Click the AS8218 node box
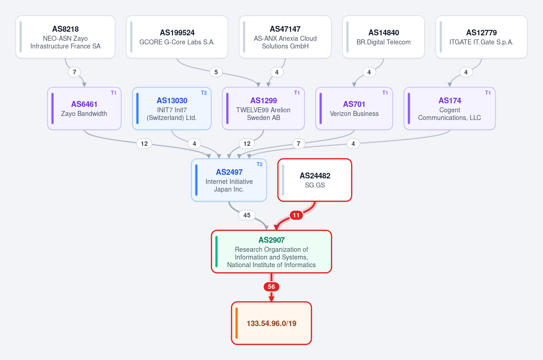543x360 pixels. pos(65,37)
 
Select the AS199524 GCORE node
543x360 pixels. pos(177,37)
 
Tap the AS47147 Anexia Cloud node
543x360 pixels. pos(285,37)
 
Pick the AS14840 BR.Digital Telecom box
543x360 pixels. pos(384,37)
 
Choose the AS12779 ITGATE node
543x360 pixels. pos(481,37)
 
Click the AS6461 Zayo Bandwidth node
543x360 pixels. pos(84,108)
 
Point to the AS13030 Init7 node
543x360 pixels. pos(171,108)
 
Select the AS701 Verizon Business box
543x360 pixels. pos(354,108)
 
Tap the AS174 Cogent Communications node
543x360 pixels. pos(450,108)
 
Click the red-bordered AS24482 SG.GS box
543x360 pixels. pos(314,180)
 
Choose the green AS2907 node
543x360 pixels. pos(271,252)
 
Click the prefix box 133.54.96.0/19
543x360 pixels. pos(271,323)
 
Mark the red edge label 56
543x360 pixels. pos(271,287)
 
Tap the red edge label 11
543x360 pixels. pos(296,215)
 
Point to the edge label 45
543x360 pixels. pos(247,215)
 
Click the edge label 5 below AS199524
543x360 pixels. pos(216,72)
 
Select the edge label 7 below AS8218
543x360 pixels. pos(74,72)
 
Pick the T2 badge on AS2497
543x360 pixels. pos(259,164)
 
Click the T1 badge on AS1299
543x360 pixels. pos(297,93)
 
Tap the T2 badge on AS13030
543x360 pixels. pos(204,93)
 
